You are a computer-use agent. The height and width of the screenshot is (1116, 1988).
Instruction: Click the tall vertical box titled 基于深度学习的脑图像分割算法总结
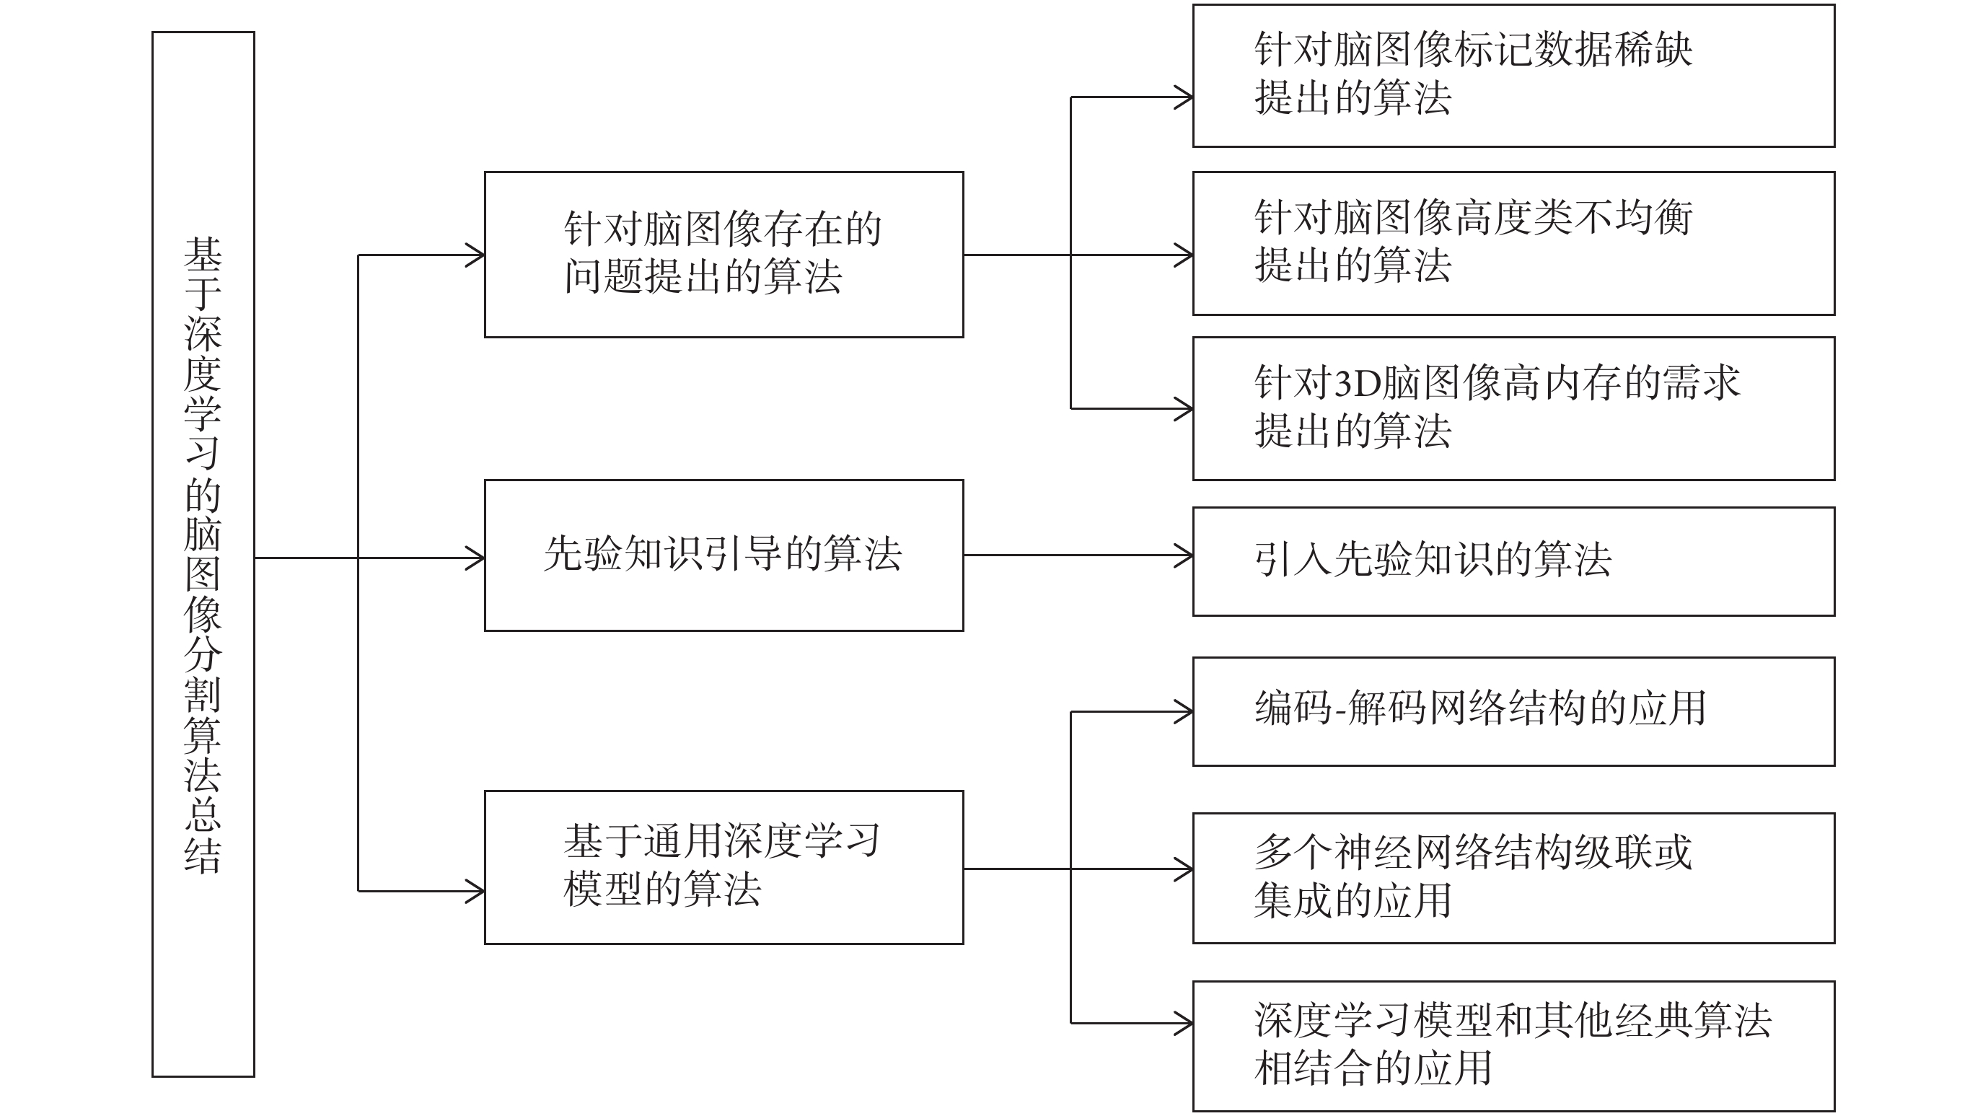(203, 554)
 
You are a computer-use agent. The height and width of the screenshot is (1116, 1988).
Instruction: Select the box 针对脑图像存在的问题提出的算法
(724, 255)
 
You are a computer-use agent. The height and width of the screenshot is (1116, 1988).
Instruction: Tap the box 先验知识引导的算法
(724, 555)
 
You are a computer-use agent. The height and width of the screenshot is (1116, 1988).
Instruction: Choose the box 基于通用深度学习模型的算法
(724, 868)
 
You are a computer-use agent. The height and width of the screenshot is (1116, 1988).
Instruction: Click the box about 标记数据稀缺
(1513, 76)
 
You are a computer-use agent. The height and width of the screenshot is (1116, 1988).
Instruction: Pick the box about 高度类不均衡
(1513, 243)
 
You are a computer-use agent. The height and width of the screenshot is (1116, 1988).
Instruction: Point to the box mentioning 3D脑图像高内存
(1513, 408)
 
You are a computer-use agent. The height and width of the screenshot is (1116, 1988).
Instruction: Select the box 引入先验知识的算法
(1513, 561)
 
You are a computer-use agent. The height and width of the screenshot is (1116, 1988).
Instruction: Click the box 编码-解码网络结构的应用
(1513, 711)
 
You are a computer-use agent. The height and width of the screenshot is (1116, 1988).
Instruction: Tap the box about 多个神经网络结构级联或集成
(1513, 878)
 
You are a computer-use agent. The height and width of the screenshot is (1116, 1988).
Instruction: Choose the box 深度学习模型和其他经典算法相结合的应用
(1513, 1046)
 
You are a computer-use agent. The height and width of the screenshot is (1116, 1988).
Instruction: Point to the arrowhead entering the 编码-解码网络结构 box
(1184, 711)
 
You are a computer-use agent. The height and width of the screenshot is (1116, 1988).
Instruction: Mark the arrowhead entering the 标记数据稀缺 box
(1184, 97)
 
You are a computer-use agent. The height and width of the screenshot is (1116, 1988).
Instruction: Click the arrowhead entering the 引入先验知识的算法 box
(1184, 555)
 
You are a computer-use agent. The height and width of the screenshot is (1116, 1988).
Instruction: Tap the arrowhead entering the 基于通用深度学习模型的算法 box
(475, 892)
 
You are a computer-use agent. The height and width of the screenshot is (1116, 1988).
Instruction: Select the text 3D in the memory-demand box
(1358, 383)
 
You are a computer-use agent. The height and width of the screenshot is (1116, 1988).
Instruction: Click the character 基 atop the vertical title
(203, 254)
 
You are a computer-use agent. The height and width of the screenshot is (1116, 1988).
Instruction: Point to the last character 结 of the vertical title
(203, 855)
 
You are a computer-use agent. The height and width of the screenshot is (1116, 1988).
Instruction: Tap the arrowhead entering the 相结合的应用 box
(1184, 1024)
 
